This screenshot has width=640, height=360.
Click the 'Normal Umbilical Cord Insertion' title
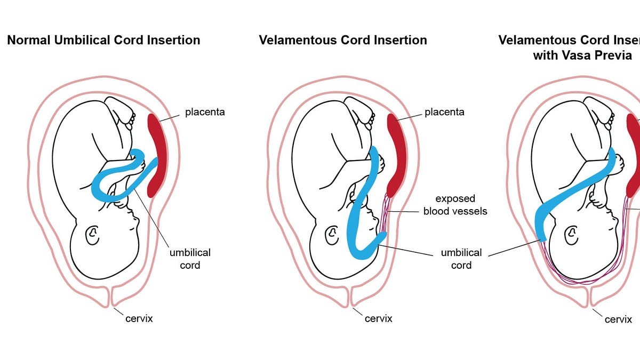[x=103, y=40]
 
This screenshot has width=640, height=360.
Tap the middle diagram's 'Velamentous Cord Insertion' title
[x=343, y=40]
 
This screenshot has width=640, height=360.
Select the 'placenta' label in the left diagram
[x=205, y=112]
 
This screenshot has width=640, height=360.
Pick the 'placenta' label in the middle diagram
[x=444, y=112]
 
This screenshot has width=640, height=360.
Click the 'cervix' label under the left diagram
[x=139, y=318]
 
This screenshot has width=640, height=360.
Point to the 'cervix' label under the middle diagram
[x=378, y=318]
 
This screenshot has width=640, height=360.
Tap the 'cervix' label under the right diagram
[x=618, y=319]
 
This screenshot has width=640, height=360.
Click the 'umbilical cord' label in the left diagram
[x=190, y=258]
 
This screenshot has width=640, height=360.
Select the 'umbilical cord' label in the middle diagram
[x=461, y=258]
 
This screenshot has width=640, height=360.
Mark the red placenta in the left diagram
[x=157, y=155]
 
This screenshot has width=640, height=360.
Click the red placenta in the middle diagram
[x=397, y=155]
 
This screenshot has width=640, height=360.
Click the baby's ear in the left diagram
[x=93, y=233]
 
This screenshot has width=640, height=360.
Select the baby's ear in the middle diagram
[x=332, y=233]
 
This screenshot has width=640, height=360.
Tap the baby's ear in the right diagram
[x=572, y=233]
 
